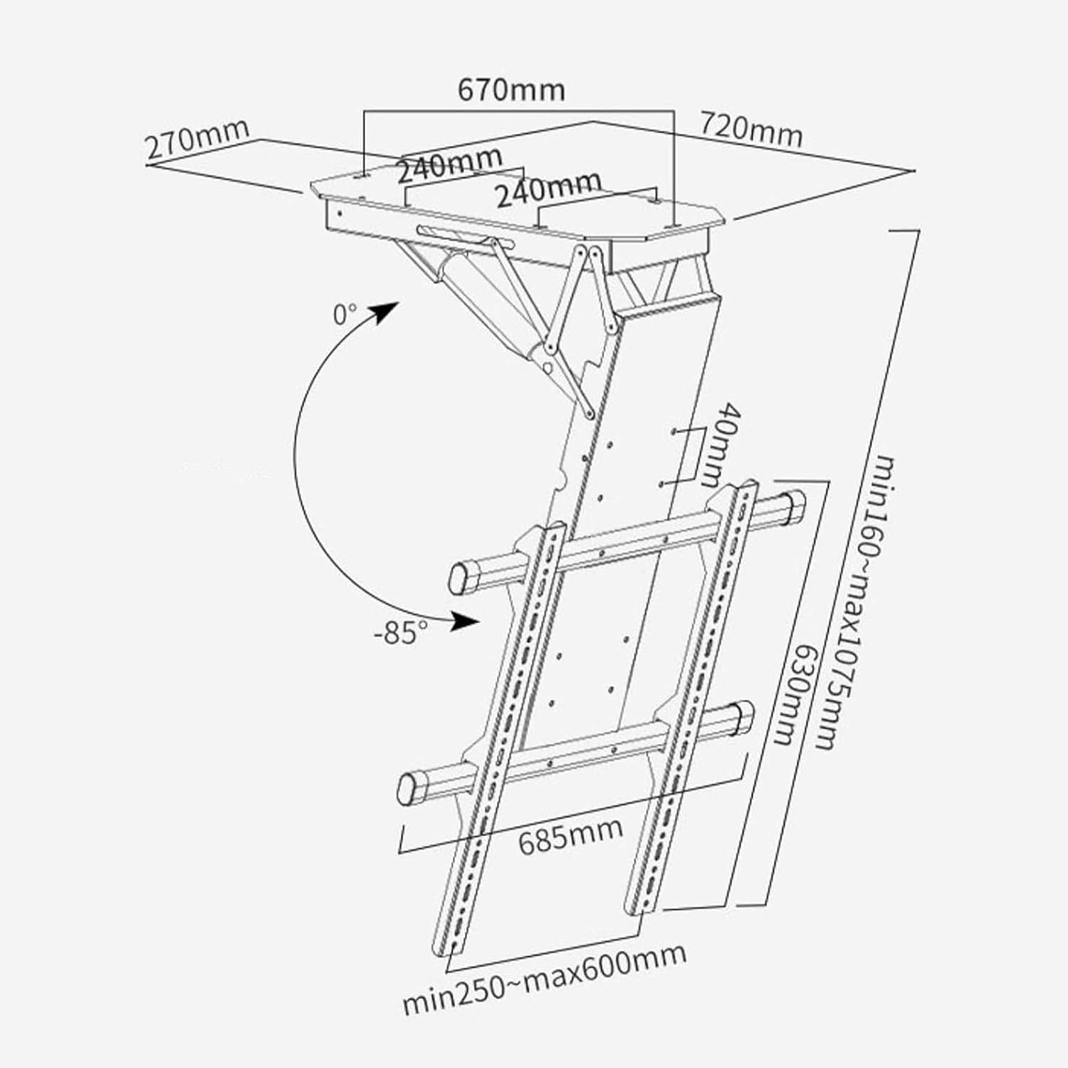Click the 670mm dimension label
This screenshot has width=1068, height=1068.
(x=511, y=90)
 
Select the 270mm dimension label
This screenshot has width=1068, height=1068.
(x=197, y=139)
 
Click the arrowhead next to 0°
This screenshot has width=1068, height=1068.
(x=387, y=310)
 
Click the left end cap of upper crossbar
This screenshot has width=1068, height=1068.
(x=460, y=577)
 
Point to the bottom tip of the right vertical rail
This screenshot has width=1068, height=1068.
(x=635, y=907)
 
